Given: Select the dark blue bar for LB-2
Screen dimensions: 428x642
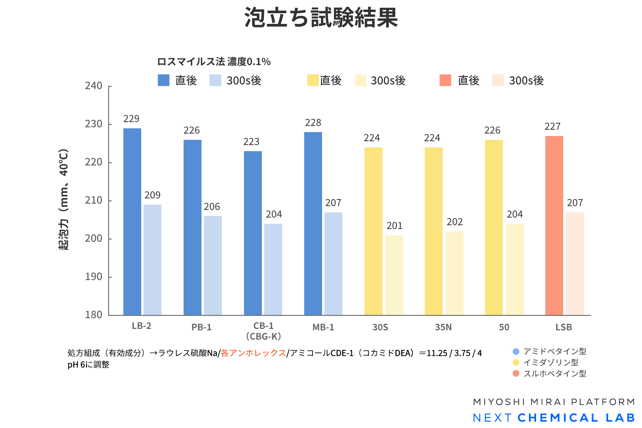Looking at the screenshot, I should pyautogui.click(x=132, y=221).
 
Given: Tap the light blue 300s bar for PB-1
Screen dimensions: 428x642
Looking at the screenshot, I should pyautogui.click(x=213, y=265).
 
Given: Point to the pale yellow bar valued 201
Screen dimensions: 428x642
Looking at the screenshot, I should pyautogui.click(x=394, y=275).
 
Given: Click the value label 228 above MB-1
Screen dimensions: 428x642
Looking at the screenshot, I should pyautogui.click(x=313, y=123).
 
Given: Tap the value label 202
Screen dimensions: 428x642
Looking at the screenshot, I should pyautogui.click(x=455, y=222).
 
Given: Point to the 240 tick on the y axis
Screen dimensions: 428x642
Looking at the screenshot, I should pyautogui.click(x=93, y=86).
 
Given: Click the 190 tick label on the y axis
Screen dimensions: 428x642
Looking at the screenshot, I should pyautogui.click(x=93, y=277).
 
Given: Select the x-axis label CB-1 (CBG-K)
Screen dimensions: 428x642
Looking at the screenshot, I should pyautogui.click(x=264, y=331).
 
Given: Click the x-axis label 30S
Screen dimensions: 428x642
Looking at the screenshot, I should pyautogui.click(x=380, y=327).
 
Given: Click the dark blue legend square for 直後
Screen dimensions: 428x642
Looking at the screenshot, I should pyautogui.click(x=164, y=80).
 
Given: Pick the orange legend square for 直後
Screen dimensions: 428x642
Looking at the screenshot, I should pyautogui.click(x=445, y=80).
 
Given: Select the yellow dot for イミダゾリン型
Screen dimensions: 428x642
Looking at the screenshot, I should pyautogui.click(x=516, y=362).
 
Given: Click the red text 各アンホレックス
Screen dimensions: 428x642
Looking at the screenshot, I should pyautogui.click(x=253, y=353).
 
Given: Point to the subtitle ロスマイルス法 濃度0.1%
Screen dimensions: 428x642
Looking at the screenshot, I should pyautogui.click(x=214, y=62).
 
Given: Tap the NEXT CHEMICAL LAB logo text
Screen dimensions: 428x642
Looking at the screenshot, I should pyautogui.click(x=554, y=418).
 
